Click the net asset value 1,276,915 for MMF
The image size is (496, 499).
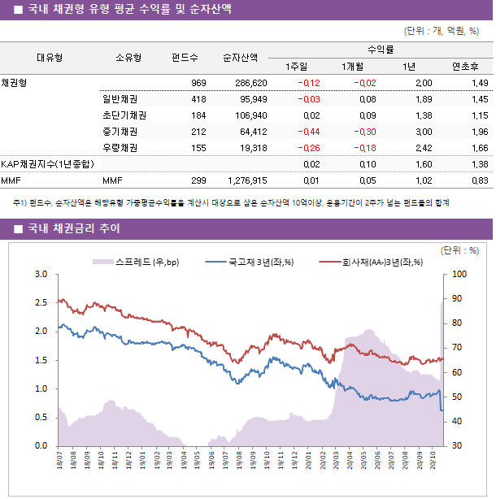[247, 180]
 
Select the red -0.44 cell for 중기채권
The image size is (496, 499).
[308, 132]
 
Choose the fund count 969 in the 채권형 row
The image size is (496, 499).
[198, 83]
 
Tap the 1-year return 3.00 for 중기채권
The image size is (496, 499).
[423, 132]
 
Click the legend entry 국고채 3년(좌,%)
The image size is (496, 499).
[259, 262]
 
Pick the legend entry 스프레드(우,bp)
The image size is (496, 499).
[141, 262]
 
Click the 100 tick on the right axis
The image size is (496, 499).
[456, 275]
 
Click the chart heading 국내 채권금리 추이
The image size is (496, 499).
[73, 228]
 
